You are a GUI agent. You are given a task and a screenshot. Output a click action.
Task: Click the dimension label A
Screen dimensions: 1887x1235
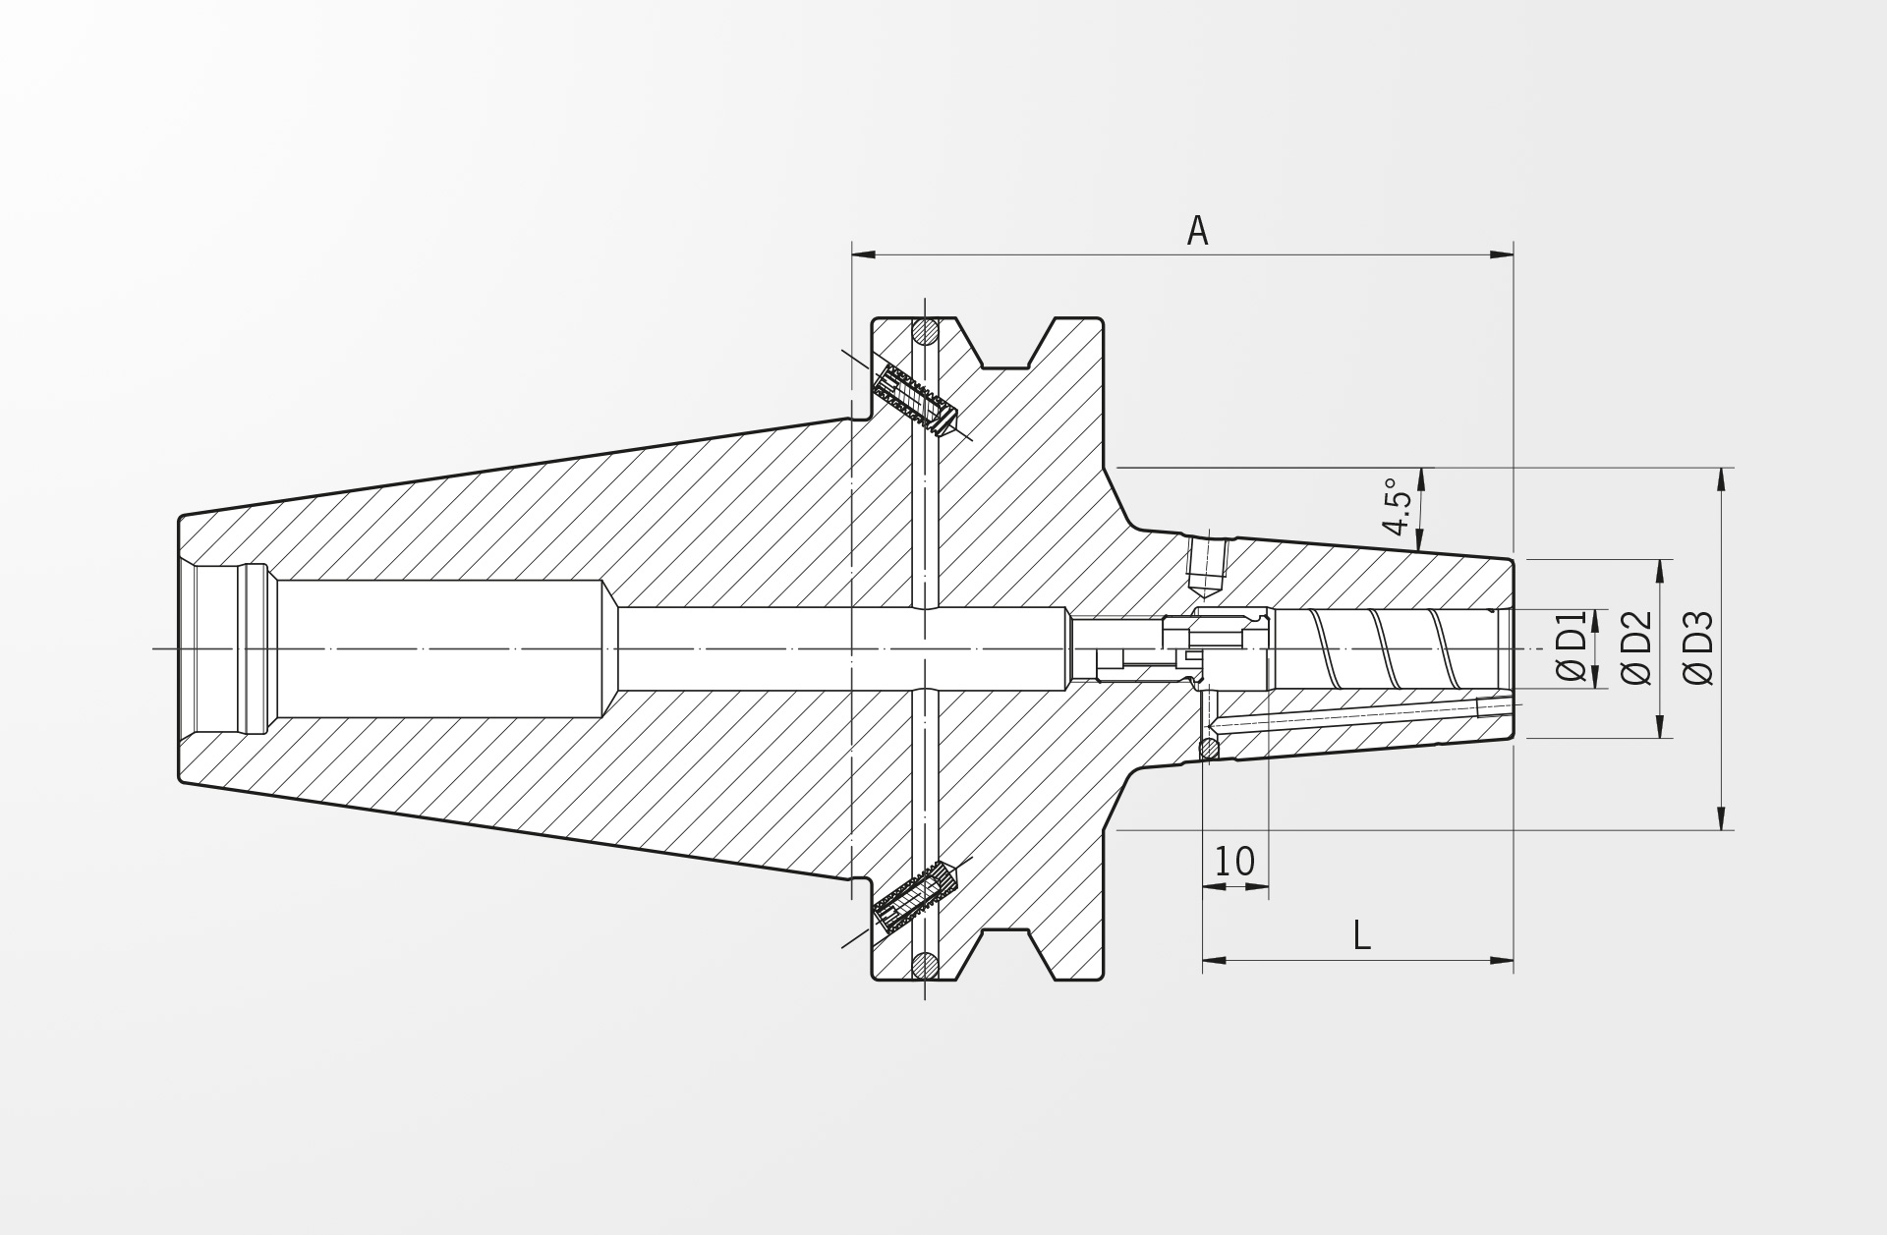click(1196, 231)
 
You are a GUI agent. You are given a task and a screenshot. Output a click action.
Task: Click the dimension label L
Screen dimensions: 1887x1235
click(1361, 936)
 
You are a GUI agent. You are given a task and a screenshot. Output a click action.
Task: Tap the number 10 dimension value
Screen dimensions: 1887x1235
click(1234, 862)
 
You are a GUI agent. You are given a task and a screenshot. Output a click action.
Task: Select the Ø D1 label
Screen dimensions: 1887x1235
click(1572, 646)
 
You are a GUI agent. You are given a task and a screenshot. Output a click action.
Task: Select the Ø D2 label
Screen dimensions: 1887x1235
click(1636, 647)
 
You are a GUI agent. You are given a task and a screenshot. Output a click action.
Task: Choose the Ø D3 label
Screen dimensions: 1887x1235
click(1698, 647)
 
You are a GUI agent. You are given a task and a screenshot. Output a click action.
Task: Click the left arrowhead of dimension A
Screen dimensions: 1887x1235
click(863, 255)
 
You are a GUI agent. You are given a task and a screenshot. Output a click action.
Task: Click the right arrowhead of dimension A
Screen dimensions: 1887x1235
click(1501, 255)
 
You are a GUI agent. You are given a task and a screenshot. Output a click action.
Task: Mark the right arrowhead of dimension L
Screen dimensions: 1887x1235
click(1501, 960)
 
